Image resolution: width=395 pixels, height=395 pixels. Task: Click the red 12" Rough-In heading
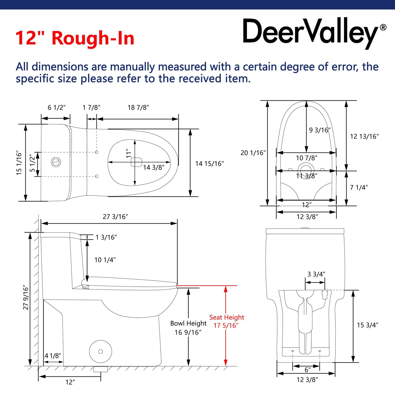pyautogui.click(x=75, y=38)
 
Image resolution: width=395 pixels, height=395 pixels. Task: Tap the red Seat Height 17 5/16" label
pyautogui.click(x=226, y=321)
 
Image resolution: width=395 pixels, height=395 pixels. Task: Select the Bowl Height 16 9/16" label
pyautogui.click(x=188, y=328)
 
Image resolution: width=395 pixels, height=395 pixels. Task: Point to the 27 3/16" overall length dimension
pyautogui.click(x=115, y=217)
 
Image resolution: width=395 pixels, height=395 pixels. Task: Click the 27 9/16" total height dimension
pyautogui.click(x=26, y=298)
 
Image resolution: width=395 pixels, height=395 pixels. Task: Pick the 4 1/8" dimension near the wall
pyautogui.click(x=52, y=356)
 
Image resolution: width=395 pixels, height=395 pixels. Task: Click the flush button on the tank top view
pyautogui.click(x=56, y=162)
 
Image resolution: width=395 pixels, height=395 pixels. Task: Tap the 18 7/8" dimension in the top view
pyautogui.click(x=138, y=107)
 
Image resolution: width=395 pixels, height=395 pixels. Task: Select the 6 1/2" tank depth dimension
pyautogui.click(x=57, y=107)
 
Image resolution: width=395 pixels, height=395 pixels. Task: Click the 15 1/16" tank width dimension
pyautogui.click(x=19, y=163)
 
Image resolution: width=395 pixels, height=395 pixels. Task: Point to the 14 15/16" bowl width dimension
pyautogui.click(x=209, y=163)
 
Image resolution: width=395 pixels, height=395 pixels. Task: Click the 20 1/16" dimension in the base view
pyautogui.click(x=253, y=153)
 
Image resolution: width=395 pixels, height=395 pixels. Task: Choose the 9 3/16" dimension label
pyautogui.click(x=320, y=130)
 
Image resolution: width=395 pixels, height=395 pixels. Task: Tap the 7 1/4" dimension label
pyautogui.click(x=359, y=188)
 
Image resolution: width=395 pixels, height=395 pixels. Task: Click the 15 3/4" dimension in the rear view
pyautogui.click(x=367, y=325)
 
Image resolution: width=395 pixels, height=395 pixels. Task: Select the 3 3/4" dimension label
pyautogui.click(x=316, y=274)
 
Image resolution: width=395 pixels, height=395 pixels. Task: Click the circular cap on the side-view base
pyautogui.click(x=101, y=352)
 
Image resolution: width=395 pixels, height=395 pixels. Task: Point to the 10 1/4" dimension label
pyautogui.click(x=105, y=260)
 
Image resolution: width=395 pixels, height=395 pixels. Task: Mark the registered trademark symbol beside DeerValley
pyautogui.click(x=383, y=27)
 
